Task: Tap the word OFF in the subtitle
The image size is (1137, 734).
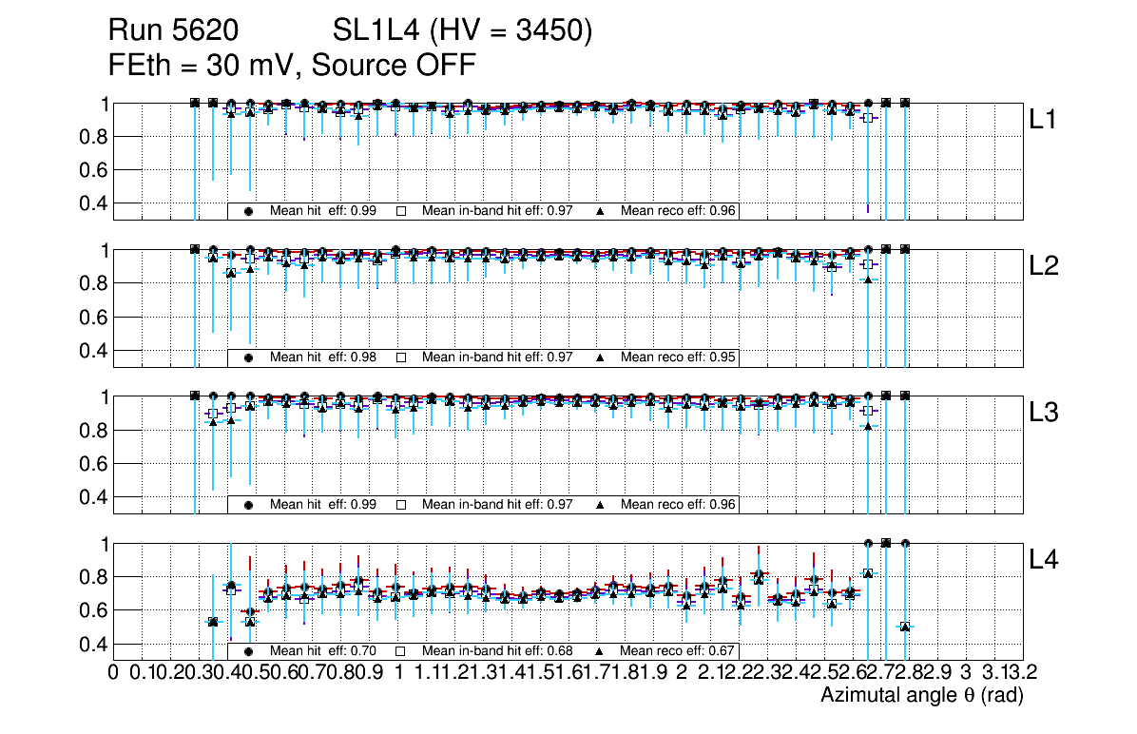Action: click(x=443, y=65)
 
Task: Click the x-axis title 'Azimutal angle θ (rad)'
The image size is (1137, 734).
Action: click(x=921, y=696)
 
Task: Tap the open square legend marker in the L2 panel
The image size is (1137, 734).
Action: click(x=401, y=357)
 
